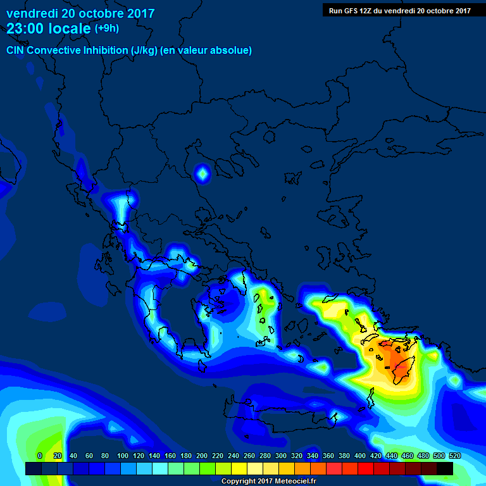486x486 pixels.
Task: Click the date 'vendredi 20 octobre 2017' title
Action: click(80, 13)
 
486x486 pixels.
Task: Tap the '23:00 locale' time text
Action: click(49, 28)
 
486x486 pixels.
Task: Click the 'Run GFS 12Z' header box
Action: click(401, 10)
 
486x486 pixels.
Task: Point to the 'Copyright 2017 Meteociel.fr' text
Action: click(268, 481)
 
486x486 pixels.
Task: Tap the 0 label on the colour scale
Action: click(40, 456)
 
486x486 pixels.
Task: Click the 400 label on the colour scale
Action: click(360, 456)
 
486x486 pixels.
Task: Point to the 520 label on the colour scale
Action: click(454, 456)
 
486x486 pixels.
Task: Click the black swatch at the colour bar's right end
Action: click(445, 469)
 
